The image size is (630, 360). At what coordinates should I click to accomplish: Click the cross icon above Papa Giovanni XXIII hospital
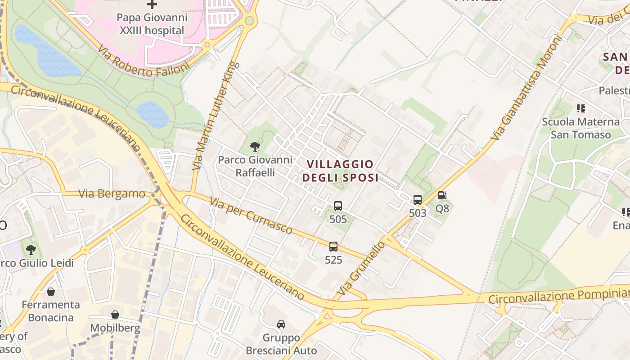click(152, 4)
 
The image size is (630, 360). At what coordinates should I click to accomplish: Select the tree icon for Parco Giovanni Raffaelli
click(255, 146)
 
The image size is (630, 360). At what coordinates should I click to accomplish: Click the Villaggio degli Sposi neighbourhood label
click(340, 171)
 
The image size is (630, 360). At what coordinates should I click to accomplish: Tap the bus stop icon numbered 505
click(338, 206)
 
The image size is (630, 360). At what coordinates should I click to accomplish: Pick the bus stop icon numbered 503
click(418, 200)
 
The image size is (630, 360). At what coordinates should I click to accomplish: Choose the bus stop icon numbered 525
click(333, 247)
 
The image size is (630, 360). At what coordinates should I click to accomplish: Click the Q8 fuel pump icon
click(442, 196)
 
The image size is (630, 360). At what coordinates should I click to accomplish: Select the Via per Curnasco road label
click(251, 216)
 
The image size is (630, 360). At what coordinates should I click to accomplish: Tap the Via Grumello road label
click(361, 268)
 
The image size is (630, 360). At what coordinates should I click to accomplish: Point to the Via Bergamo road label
click(112, 194)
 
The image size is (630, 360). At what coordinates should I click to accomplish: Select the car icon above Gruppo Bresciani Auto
click(281, 324)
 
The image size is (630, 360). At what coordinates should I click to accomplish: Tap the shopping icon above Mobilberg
click(115, 315)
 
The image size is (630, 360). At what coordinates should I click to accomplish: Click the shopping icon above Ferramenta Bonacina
click(51, 292)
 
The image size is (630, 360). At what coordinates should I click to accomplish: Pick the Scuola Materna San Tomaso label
click(580, 128)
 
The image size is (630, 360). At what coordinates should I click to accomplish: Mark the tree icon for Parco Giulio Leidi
click(31, 249)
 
